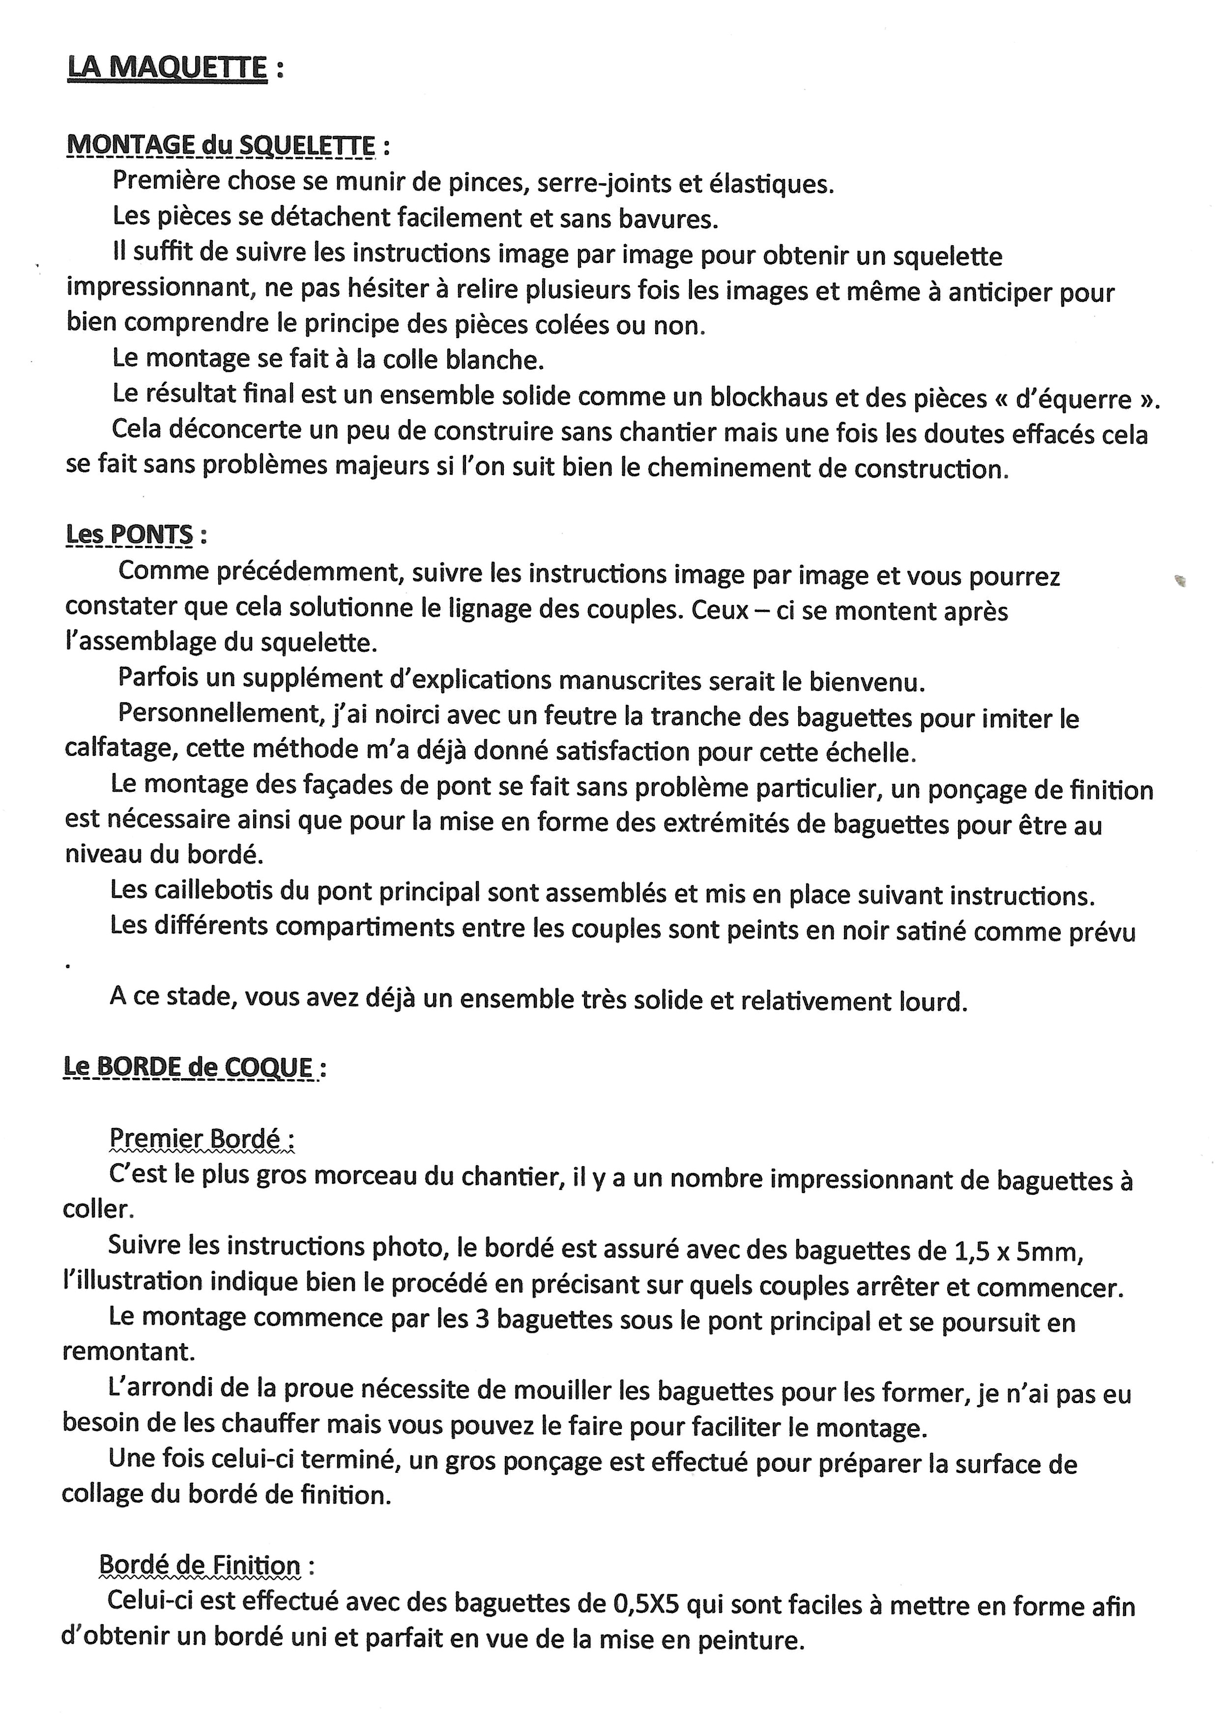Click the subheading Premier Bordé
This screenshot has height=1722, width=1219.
[195, 1139]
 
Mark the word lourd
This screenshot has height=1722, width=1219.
[933, 1002]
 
